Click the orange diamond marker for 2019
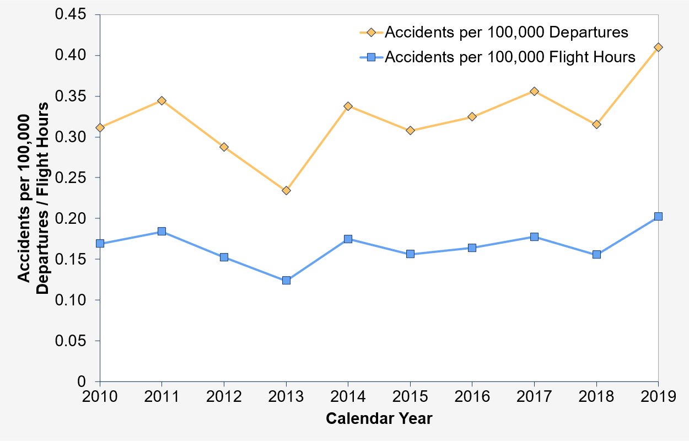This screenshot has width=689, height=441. [658, 47]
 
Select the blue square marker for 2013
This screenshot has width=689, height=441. [286, 280]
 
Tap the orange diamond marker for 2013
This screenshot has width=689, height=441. [286, 190]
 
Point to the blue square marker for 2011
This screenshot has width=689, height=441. [162, 232]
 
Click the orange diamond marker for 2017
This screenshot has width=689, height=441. [534, 91]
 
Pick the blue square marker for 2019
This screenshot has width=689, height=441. [658, 217]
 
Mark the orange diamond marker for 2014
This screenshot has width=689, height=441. [348, 106]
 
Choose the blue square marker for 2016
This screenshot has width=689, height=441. [472, 248]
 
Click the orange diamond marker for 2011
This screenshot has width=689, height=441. [162, 101]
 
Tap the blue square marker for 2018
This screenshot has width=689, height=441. [596, 254]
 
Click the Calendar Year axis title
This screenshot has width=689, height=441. [379, 419]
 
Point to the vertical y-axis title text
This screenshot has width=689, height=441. [33, 198]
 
